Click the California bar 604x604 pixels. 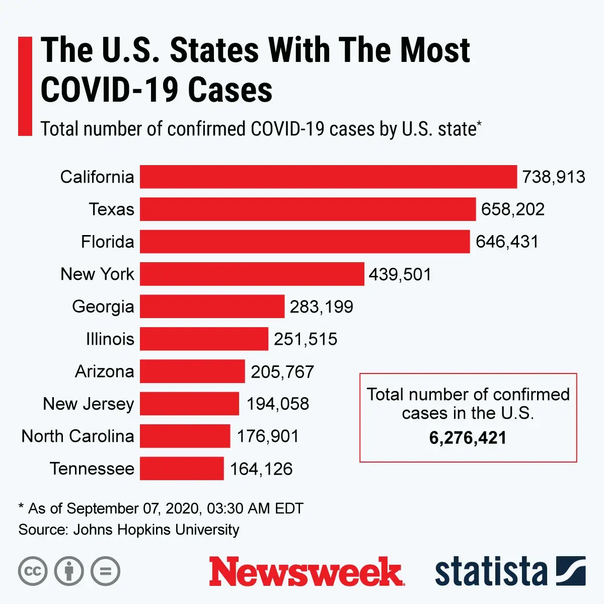pos(328,177)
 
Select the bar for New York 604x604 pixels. pos(252,274)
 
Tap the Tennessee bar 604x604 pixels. pos(182,468)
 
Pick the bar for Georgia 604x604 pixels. pos(212,307)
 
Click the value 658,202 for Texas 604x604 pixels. pos(512,209)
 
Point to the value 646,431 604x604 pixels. pos(507,242)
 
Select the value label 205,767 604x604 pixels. pos(282,371)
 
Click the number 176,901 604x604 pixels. pos(268,436)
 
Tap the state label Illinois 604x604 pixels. pos(110,339)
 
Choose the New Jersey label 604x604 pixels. pos(89,404)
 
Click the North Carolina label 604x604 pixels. pos(78,436)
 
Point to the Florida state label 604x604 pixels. pos(107,242)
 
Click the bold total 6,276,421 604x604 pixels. pos(468,437)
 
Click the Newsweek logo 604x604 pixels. pos(306,572)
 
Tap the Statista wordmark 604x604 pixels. pos(491,572)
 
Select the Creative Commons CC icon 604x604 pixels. pos(33,571)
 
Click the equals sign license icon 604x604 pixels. pos(105,571)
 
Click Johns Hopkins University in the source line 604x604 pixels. pos(156,530)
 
